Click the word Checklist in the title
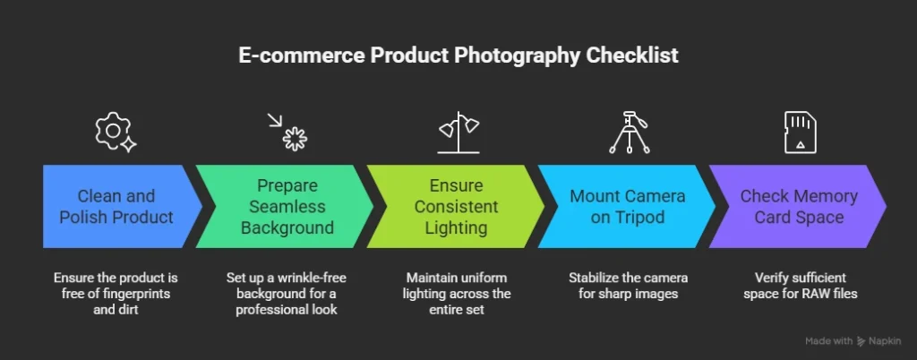coord(631,56)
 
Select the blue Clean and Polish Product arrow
coord(116,207)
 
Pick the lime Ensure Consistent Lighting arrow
coord(456,207)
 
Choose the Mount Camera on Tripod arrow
coord(627,207)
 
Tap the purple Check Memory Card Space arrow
coord(798,207)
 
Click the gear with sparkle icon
coord(115,132)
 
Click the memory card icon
coord(798,133)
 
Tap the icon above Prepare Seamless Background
coord(288,133)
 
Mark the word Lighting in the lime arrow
coord(457,227)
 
